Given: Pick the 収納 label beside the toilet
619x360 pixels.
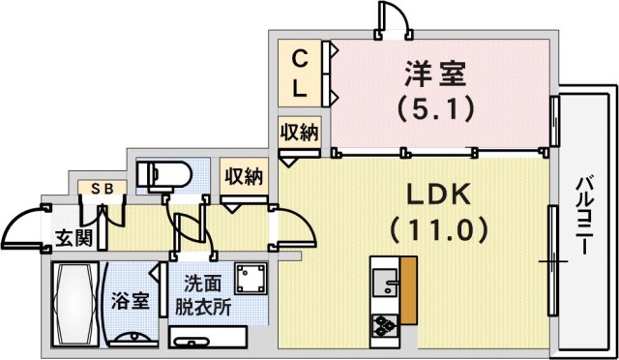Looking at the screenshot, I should (x=243, y=176).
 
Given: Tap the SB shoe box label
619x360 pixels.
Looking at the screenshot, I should (x=102, y=189).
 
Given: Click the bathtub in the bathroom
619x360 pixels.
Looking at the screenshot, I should (x=74, y=299).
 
